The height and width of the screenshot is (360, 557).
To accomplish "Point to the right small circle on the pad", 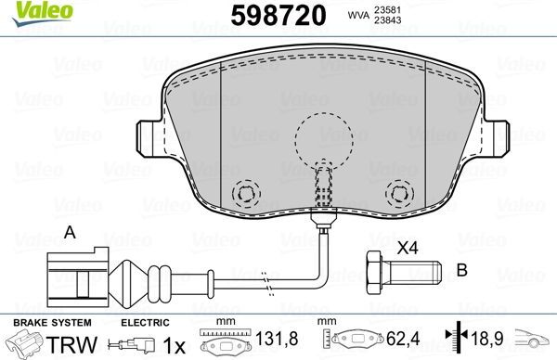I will click(x=400, y=194).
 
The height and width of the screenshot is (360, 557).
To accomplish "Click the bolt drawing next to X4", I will click(x=399, y=274).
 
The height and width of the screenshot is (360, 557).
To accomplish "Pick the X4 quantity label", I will click(x=408, y=249).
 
